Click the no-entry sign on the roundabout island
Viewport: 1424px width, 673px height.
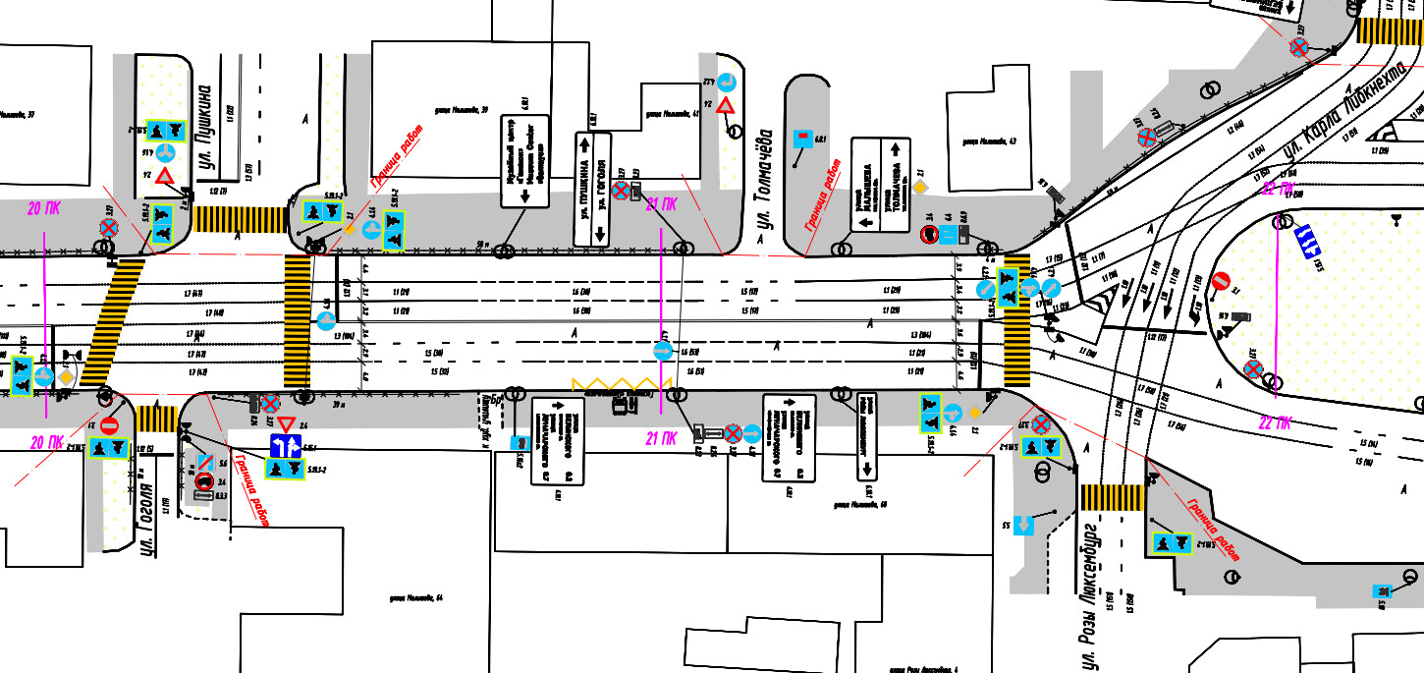(x=1221, y=281)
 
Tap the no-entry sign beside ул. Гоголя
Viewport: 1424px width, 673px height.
(x=109, y=425)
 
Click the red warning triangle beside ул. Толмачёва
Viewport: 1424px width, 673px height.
(x=725, y=106)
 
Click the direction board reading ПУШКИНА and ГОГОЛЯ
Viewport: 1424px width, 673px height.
(x=592, y=190)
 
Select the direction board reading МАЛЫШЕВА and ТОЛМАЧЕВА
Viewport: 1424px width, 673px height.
(x=881, y=185)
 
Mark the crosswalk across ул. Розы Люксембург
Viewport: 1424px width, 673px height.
(x=1111, y=497)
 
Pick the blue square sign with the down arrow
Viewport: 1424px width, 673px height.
(x=1023, y=526)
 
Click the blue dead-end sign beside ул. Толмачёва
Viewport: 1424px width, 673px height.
(x=803, y=139)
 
